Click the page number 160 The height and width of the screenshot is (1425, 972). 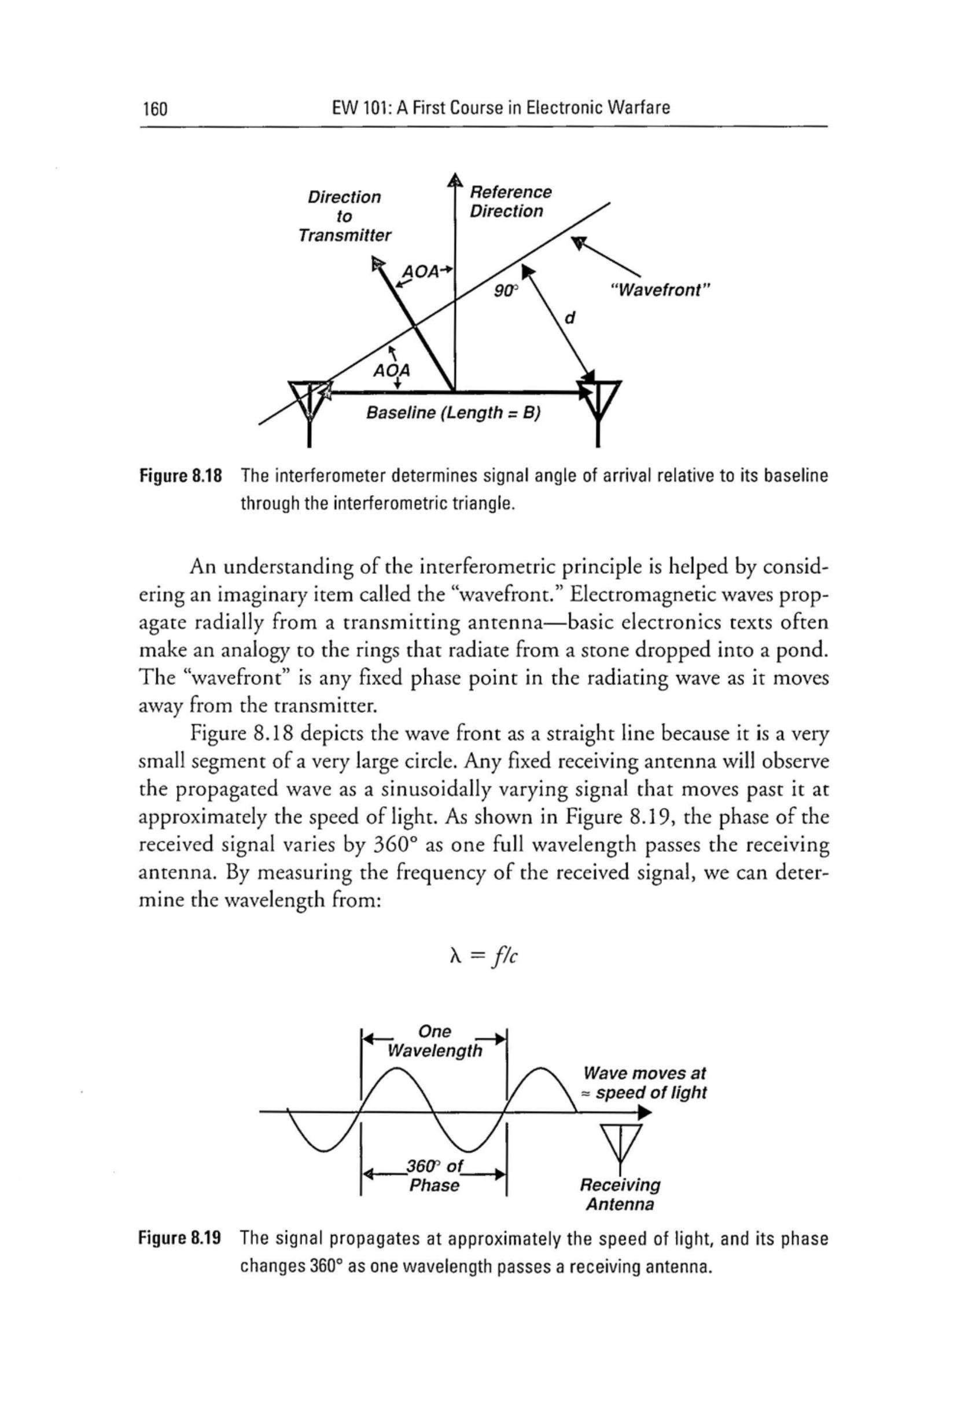pos(154,108)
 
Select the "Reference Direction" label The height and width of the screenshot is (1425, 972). pos(510,202)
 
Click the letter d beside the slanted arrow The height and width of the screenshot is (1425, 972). pos(569,318)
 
